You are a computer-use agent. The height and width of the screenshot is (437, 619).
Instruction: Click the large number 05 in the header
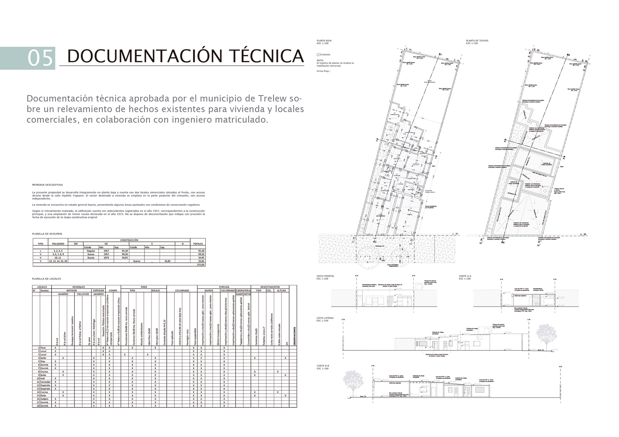(40, 58)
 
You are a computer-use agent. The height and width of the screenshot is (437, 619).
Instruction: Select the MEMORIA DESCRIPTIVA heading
(47, 185)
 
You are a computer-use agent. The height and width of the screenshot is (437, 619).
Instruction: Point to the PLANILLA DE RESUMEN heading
(47, 234)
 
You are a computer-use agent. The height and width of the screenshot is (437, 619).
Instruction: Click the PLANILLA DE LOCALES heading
(46, 279)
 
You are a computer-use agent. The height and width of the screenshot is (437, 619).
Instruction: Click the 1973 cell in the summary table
(106, 258)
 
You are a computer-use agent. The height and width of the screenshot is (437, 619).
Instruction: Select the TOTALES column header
(198, 244)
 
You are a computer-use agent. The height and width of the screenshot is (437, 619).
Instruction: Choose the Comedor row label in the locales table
(45, 382)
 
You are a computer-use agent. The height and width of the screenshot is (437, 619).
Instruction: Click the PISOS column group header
(144, 287)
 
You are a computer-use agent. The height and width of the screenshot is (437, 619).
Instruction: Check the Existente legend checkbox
(318, 55)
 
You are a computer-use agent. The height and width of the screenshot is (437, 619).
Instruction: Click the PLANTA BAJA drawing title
(324, 41)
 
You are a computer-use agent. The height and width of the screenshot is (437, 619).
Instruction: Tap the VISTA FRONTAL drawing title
(325, 276)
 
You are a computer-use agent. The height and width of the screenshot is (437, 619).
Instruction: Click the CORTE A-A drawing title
(465, 276)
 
